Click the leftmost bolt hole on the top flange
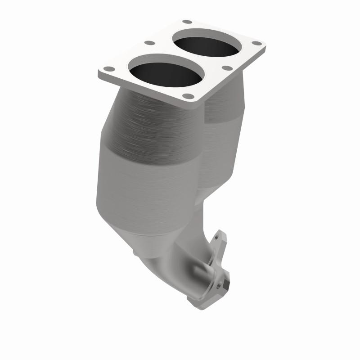(x=108, y=69)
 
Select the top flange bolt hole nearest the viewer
(x=189, y=96)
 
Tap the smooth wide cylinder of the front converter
(x=144, y=189)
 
